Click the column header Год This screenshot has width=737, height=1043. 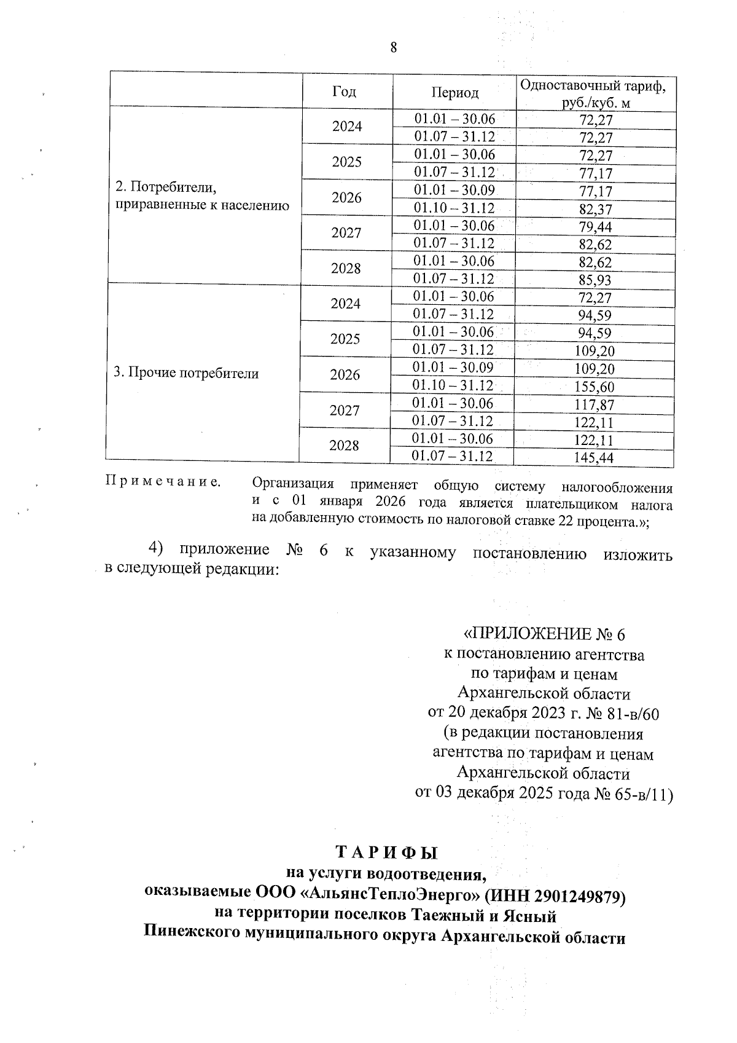[x=345, y=92]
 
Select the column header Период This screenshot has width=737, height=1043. [x=454, y=93]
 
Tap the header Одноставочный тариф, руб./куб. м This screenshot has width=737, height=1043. [x=593, y=93]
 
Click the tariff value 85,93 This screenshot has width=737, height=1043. [x=595, y=281]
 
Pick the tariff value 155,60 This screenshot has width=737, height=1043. [x=593, y=387]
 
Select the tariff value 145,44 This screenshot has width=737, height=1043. [x=593, y=458]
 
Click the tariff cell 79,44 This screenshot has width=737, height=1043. [x=595, y=227]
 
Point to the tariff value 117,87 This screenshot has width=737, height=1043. [x=593, y=405]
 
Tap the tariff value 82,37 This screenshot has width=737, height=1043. [x=595, y=210]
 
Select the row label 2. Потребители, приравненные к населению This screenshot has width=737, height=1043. [x=202, y=196]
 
